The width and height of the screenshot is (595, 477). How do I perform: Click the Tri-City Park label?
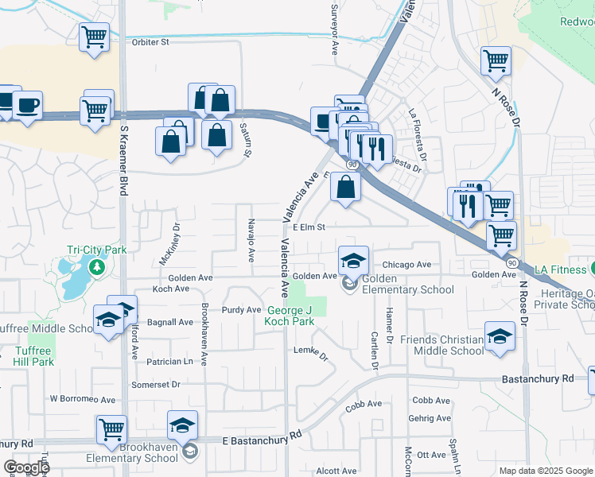point(96,250)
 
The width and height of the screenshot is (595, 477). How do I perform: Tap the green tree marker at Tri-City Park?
point(96,266)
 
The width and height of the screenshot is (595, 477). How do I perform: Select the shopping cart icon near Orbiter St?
point(94,37)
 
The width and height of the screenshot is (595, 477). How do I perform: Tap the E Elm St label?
point(309,227)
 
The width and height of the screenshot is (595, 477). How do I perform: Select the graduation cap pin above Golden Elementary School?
point(353,260)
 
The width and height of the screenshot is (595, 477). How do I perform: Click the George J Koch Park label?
point(291,316)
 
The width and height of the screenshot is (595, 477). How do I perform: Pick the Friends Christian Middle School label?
point(441,345)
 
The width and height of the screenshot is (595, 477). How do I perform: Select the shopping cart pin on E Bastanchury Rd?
point(111,429)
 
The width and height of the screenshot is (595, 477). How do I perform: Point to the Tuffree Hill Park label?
point(33,355)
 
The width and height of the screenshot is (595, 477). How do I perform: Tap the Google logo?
point(25,467)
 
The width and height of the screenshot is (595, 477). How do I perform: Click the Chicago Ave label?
point(406,265)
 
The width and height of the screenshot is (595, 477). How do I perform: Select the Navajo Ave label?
point(251,240)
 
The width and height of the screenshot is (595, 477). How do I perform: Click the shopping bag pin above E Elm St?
point(346,188)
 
